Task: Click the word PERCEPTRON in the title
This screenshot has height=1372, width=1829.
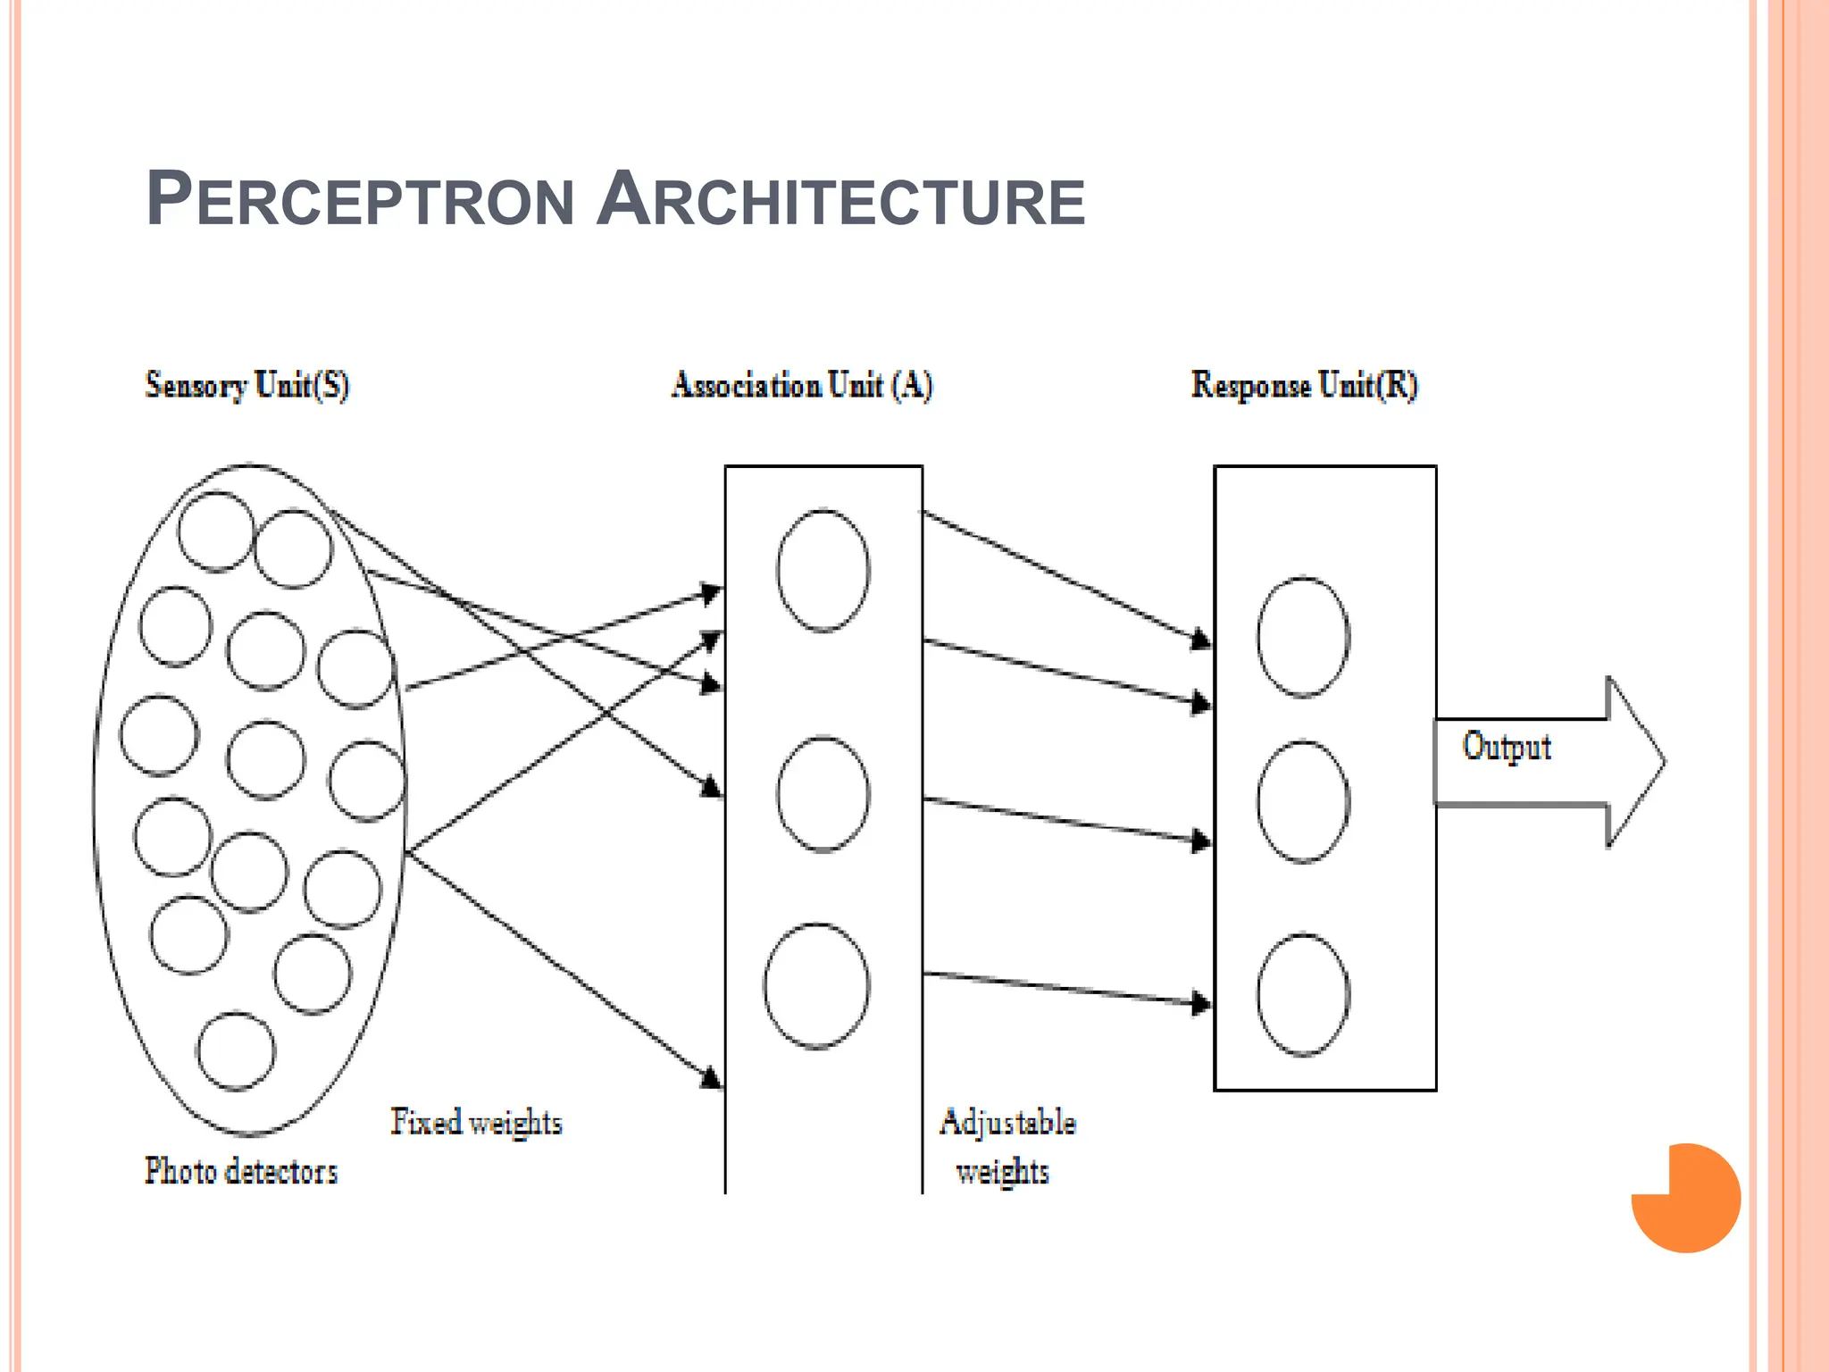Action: (360, 199)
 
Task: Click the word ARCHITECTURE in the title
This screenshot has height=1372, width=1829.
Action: (840, 199)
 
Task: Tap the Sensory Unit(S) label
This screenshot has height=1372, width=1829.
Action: (247, 385)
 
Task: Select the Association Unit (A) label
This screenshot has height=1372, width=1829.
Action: (802, 385)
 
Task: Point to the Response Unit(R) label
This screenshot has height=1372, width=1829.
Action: (1304, 385)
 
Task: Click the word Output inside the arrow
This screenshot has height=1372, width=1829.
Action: (1507, 747)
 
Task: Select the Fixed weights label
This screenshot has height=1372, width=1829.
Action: (476, 1122)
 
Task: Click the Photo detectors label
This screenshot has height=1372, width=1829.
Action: (241, 1171)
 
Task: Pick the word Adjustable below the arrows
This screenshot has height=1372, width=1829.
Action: (1007, 1122)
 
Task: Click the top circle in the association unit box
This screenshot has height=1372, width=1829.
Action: (823, 571)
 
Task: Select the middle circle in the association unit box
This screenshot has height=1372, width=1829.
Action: (823, 794)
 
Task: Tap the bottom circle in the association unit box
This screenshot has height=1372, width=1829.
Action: (816, 985)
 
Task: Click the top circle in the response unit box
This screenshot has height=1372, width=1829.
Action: (1303, 637)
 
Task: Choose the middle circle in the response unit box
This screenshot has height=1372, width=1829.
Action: (1303, 801)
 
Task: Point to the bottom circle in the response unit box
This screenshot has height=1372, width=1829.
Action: (1303, 995)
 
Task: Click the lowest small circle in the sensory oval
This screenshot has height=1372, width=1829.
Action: (236, 1051)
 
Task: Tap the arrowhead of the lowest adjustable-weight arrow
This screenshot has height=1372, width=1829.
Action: (1202, 1003)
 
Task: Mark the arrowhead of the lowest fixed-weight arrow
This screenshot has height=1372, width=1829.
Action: (712, 1078)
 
